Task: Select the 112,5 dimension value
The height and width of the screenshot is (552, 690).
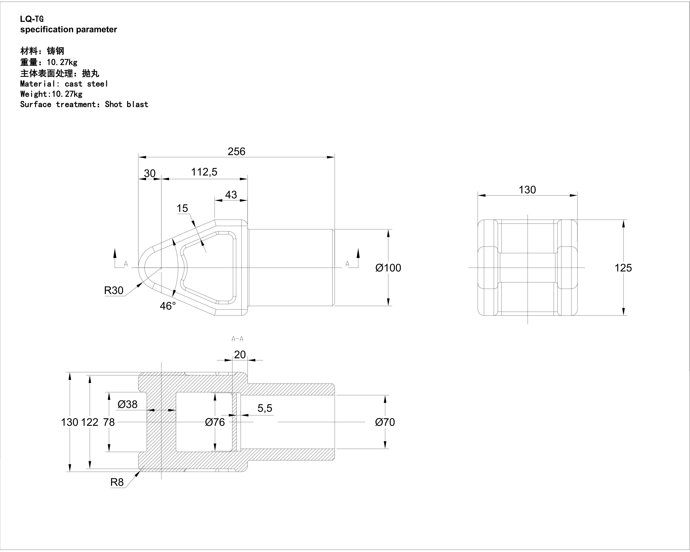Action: [204, 172]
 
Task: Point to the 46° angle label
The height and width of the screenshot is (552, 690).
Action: [168, 306]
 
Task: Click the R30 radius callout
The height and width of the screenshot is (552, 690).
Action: [114, 290]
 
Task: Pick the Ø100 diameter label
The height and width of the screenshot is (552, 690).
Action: [388, 268]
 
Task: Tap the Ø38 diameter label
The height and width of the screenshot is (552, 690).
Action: [127, 404]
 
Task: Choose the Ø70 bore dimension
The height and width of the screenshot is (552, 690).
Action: [385, 422]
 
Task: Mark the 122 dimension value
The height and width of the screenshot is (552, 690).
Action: [90, 422]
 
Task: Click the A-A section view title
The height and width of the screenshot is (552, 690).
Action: [237, 339]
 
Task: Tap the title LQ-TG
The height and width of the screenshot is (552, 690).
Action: [32, 19]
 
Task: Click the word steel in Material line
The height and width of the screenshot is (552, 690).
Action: [97, 84]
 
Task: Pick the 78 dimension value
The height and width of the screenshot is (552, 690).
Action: [109, 422]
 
